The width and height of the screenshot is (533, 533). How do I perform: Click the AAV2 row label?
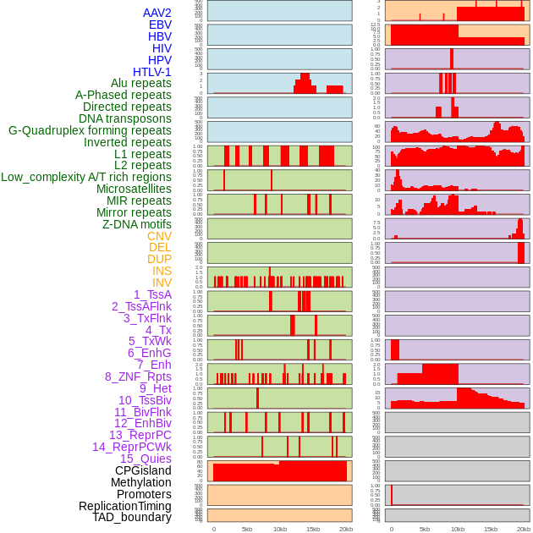(x=157, y=13)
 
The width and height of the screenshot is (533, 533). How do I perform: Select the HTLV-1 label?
(x=152, y=72)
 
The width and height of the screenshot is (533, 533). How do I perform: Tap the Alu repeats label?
(x=141, y=83)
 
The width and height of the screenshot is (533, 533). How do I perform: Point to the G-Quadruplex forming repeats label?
(x=90, y=130)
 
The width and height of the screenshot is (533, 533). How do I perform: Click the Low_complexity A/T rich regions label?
(x=86, y=177)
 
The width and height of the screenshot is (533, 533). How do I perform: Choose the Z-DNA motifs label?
(x=137, y=224)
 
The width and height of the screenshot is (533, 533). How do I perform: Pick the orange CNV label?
(x=159, y=236)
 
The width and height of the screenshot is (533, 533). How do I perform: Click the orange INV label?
(x=162, y=283)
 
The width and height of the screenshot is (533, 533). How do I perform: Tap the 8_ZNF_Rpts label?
(x=138, y=376)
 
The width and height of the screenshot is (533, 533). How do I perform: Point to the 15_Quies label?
(x=146, y=459)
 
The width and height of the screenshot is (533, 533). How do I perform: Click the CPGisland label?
(x=143, y=470)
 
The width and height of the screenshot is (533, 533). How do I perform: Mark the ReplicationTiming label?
(x=125, y=506)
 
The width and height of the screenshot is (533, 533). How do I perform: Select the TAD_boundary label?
(x=132, y=517)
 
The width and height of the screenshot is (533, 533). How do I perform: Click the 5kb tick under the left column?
(x=247, y=529)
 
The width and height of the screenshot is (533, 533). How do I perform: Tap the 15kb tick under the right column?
(x=491, y=529)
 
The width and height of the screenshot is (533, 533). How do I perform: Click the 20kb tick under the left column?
(x=346, y=529)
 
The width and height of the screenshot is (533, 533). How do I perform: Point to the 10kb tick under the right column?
(x=458, y=529)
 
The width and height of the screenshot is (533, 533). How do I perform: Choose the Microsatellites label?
(x=134, y=189)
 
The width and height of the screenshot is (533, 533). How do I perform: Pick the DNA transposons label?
(x=125, y=118)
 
